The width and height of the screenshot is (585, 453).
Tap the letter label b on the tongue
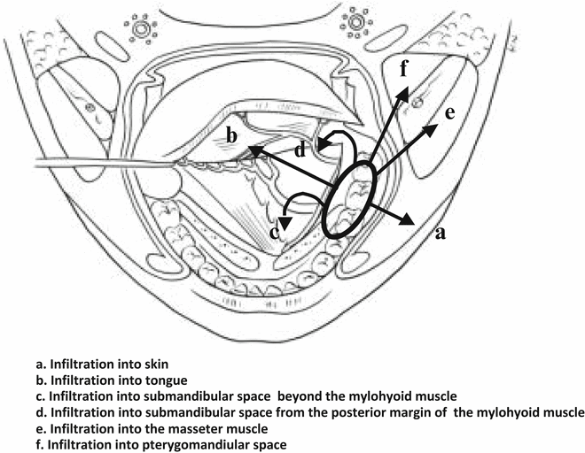click(230, 135)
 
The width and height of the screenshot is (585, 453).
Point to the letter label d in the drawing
click(301, 151)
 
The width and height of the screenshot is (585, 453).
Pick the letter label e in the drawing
click(450, 112)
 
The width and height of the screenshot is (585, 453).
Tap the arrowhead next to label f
click(402, 90)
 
